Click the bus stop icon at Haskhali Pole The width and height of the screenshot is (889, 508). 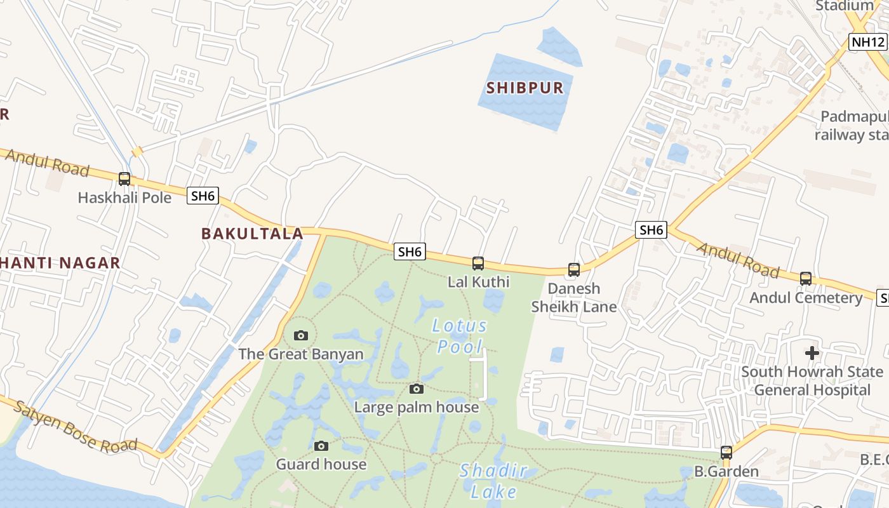click(124, 179)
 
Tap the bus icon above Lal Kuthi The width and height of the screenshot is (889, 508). click(478, 263)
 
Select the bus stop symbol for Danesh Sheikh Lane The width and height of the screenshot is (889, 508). click(574, 270)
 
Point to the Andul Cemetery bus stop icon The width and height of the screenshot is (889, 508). click(806, 278)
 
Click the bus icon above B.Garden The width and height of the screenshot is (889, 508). click(726, 453)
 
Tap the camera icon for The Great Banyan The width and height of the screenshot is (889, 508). click(301, 335)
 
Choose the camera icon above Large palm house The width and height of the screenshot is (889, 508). click(417, 389)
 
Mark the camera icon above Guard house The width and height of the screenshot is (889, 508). click(321, 446)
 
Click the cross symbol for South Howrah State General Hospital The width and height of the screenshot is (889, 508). click(812, 353)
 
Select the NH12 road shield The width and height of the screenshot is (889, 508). click(868, 43)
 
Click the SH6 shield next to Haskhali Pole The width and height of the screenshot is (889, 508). click(203, 196)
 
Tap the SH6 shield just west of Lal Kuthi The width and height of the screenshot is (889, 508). click(410, 252)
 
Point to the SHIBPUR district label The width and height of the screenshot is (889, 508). click(525, 88)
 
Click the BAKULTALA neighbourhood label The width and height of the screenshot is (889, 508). click(252, 234)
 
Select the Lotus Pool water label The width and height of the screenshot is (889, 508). click(460, 337)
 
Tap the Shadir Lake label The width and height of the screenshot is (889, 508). click(494, 481)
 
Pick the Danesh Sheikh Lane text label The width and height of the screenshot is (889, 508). click(574, 298)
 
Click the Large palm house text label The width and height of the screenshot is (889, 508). click(417, 407)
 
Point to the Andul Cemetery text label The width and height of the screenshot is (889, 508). click(806, 298)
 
